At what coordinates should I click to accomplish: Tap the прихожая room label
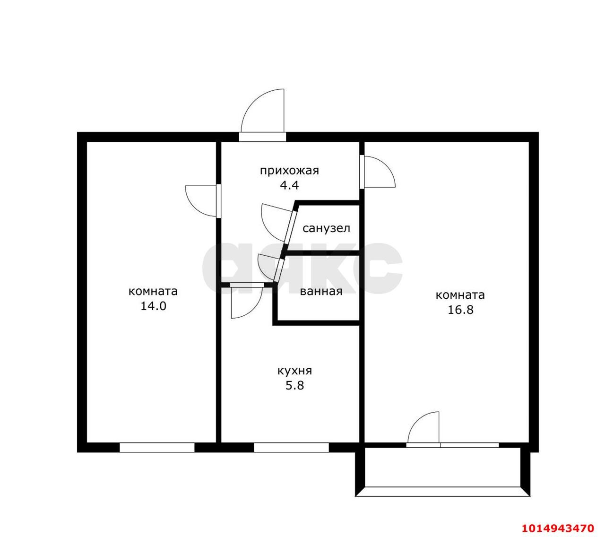pyautogui.click(x=289, y=171)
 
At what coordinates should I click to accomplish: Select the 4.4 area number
pyautogui.click(x=289, y=185)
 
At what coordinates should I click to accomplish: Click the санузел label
pyautogui.click(x=326, y=228)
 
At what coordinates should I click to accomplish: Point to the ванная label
pyautogui.click(x=321, y=292)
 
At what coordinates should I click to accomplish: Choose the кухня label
pyautogui.click(x=295, y=371)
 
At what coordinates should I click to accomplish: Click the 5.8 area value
pyautogui.click(x=295, y=386)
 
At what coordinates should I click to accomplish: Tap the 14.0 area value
pyautogui.click(x=153, y=306)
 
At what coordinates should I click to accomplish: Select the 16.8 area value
pyautogui.click(x=460, y=310)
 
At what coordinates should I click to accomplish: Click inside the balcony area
pyautogui.click(x=442, y=471)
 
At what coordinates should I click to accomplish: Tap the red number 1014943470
pyautogui.click(x=558, y=520)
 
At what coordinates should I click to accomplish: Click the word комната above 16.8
pyautogui.click(x=460, y=295)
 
